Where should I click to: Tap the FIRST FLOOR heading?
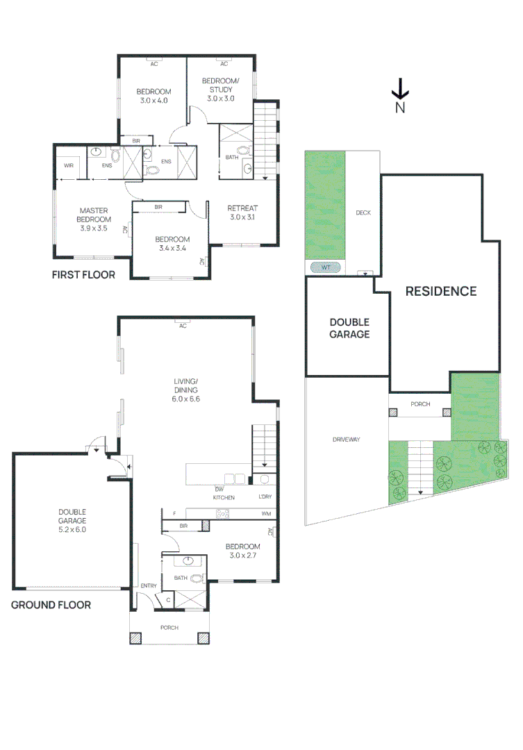(83, 275)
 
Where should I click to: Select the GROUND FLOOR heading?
(51, 605)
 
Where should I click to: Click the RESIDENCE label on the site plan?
(441, 291)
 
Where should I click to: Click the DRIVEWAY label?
(345, 439)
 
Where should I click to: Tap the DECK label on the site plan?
(363, 213)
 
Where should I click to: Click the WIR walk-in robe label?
(69, 166)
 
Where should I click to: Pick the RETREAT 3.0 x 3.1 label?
(242, 212)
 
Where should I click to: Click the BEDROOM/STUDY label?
(220, 90)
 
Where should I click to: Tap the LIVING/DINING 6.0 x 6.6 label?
(186, 390)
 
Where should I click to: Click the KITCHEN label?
(224, 498)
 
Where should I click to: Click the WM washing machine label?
(266, 514)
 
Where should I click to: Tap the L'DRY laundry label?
(265, 497)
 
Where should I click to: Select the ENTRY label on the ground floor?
(148, 586)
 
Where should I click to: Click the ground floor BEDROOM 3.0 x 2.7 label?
(243, 551)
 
